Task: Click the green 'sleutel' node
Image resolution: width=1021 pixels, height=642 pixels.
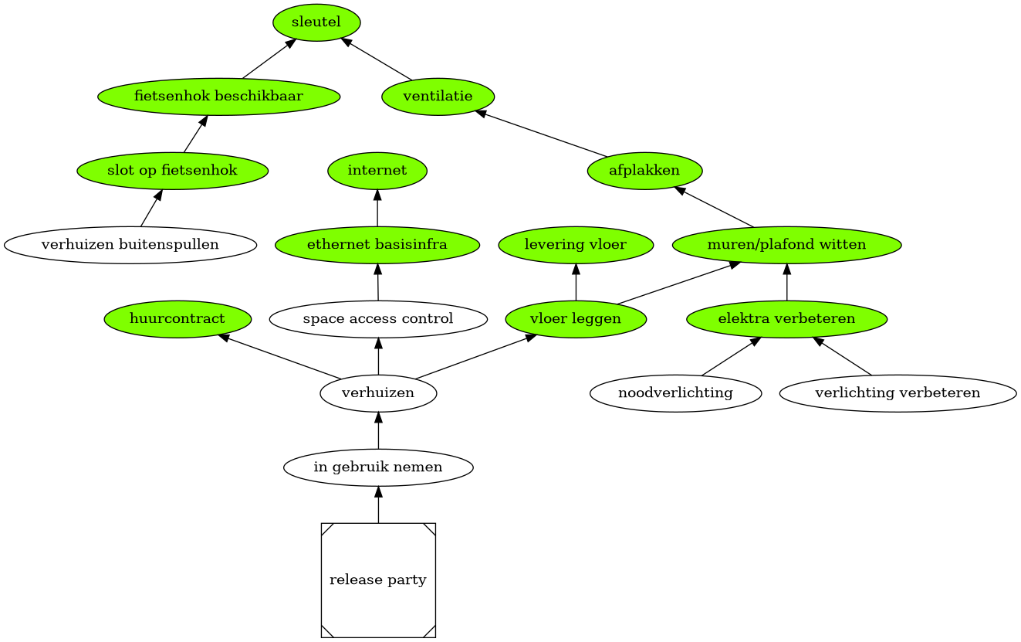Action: pos(316,22)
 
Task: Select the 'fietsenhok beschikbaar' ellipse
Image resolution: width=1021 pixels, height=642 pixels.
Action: pos(218,97)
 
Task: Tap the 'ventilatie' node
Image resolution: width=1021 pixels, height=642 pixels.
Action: pos(438,97)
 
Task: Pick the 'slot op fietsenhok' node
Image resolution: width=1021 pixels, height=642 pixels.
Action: pos(172,171)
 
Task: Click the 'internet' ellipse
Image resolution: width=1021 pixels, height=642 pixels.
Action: pos(377,171)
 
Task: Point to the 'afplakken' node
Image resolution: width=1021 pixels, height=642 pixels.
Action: pos(644,171)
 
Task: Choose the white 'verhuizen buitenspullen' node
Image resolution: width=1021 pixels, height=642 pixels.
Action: pos(130,245)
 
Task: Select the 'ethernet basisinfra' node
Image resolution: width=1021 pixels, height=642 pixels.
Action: pos(377,245)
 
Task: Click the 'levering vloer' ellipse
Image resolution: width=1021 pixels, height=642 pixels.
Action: pos(576,245)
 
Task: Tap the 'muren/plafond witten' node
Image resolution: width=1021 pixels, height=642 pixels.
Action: pos(786,245)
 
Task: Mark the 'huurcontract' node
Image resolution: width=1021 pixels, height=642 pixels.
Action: pos(177,319)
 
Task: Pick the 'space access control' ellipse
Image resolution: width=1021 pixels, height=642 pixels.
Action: pos(378,319)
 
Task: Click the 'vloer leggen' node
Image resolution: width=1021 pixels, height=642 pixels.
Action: pos(576,319)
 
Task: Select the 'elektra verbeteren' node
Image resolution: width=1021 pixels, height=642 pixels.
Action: pos(786,319)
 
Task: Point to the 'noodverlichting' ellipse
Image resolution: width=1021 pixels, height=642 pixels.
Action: pos(675,393)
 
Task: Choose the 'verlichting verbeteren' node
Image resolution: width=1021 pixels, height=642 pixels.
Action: pos(898,393)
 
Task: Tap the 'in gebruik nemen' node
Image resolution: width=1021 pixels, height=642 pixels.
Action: pos(378,467)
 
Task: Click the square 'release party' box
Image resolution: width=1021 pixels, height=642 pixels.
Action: pos(378,580)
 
